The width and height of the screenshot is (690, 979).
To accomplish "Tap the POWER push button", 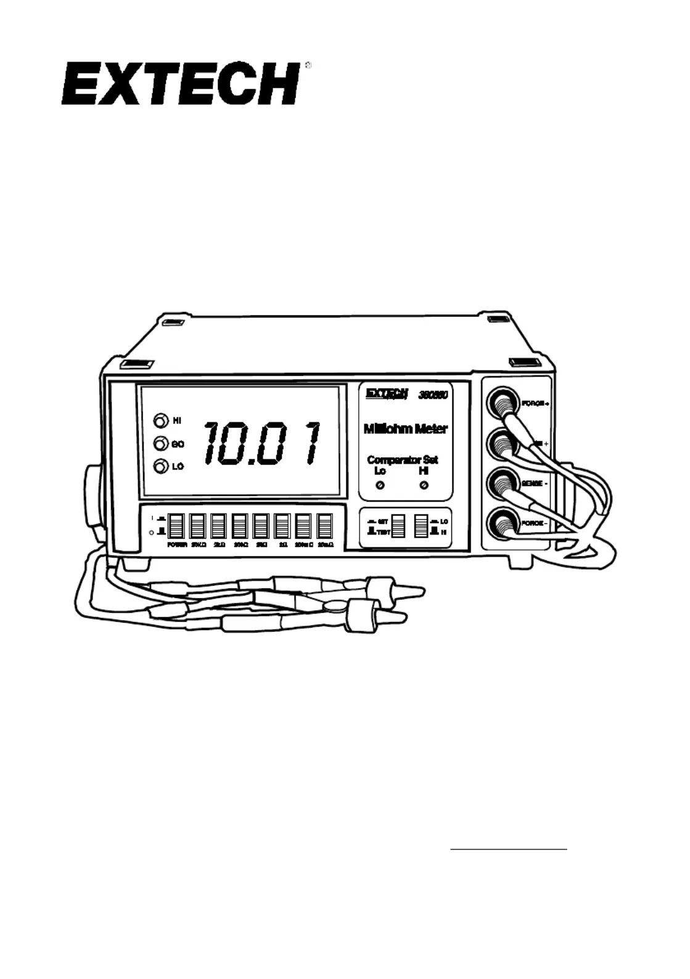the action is click(176, 526).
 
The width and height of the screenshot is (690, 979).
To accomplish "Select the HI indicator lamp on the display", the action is click(160, 420).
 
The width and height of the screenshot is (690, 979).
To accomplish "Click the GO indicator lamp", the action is click(160, 443).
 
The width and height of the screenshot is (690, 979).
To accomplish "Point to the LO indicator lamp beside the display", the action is click(160, 467).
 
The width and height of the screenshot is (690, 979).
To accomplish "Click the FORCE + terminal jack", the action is click(503, 403).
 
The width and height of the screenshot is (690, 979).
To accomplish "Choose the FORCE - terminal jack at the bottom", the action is click(503, 523).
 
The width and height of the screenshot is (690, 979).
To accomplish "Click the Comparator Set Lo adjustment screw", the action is click(380, 486).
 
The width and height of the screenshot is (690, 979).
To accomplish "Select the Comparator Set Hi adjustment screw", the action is click(424, 486).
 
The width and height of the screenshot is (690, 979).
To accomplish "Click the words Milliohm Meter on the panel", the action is click(405, 429).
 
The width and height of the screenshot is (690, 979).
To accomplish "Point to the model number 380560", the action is click(433, 395).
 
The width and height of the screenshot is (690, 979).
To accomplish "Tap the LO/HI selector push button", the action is click(421, 525).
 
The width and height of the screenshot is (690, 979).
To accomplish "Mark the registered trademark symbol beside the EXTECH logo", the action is click(308, 65).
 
